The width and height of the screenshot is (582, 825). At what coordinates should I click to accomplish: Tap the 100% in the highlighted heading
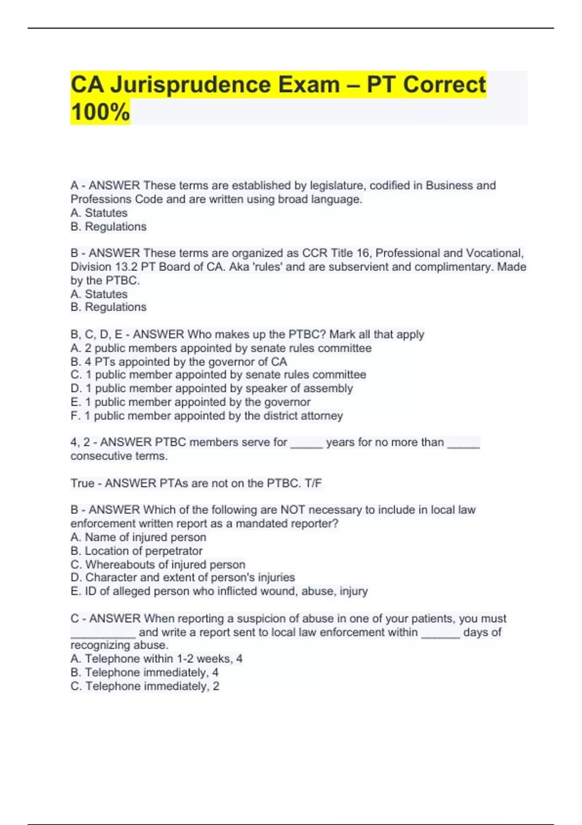(100, 112)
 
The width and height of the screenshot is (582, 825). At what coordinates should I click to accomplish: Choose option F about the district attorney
(207, 415)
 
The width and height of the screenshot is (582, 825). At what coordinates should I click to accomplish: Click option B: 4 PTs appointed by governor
(178, 362)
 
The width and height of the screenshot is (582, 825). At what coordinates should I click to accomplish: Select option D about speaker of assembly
(211, 388)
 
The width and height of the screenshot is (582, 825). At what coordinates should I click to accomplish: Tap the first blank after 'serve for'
(307, 443)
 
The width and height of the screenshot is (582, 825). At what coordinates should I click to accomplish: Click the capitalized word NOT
(293, 510)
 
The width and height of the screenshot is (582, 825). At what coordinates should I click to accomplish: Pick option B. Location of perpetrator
(136, 551)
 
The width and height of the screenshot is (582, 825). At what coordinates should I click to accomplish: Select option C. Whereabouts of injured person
(158, 564)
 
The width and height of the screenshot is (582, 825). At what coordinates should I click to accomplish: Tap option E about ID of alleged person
(219, 591)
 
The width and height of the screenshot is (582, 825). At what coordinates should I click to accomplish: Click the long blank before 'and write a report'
(103, 633)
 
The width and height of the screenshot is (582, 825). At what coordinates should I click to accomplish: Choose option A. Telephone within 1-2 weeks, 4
(156, 659)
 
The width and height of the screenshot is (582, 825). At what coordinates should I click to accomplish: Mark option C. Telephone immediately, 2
(145, 686)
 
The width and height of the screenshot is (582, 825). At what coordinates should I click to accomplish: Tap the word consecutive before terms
(100, 456)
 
